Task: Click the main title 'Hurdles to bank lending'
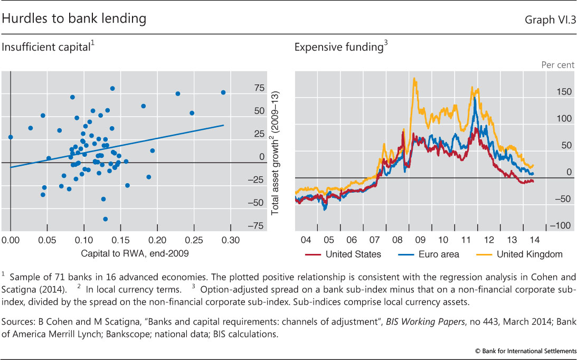click(x=74, y=19)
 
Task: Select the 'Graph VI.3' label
click(x=550, y=20)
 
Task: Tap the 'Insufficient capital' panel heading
click(x=48, y=48)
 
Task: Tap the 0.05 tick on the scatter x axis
click(x=48, y=240)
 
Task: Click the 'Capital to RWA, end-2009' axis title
click(x=135, y=253)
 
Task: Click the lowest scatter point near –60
click(x=106, y=219)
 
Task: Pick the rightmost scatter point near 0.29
click(x=223, y=92)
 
